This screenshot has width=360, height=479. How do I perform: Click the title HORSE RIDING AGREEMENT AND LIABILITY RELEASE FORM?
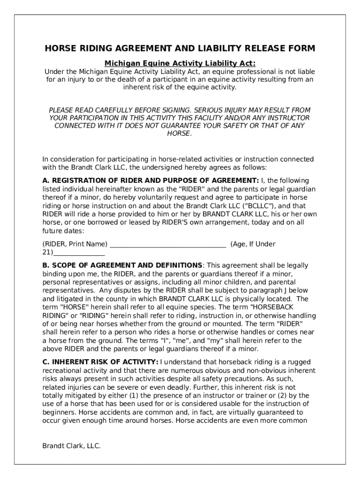pos(180,49)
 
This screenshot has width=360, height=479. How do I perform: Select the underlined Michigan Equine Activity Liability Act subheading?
pos(180,63)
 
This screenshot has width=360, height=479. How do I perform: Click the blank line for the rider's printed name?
pos(167,244)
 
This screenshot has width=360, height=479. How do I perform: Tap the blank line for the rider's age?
pos(79,253)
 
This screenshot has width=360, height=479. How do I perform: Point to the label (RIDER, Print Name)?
pos(75,244)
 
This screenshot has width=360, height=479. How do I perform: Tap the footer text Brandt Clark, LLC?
pos(72,446)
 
